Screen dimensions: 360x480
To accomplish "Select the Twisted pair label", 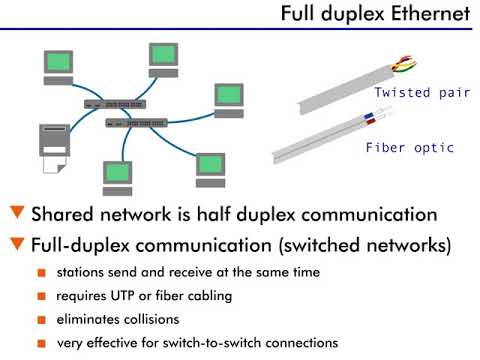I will point(414,93).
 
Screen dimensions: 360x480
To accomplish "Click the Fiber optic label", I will point(409,148).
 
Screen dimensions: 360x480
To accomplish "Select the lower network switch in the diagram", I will point(136,123).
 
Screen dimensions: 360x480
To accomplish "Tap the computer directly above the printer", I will point(60,65).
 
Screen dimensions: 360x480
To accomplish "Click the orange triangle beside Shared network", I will point(16,214).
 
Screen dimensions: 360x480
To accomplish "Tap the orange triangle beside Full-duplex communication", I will point(16,243).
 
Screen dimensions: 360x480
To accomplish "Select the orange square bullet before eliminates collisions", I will point(41,321).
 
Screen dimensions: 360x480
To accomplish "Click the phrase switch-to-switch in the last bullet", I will point(221,343).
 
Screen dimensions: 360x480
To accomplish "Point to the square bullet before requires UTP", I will point(41,297).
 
